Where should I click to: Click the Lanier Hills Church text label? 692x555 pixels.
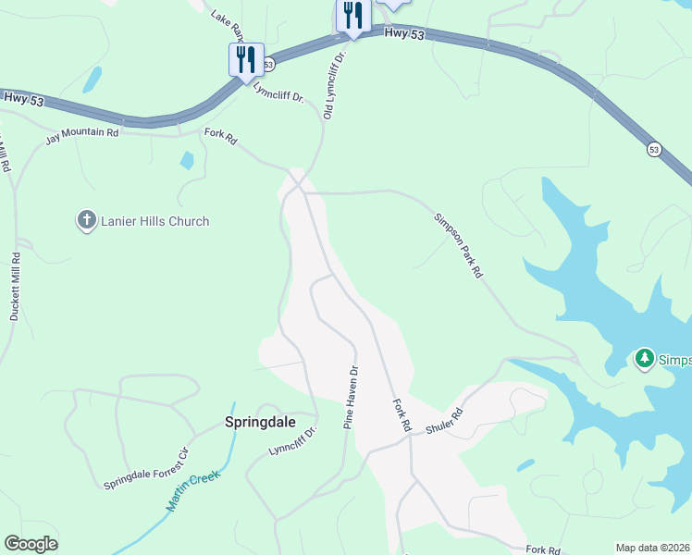pos(155,221)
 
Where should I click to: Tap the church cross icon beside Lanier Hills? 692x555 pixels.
pos(87,220)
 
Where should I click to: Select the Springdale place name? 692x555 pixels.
pos(260,422)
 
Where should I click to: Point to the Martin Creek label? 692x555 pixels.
pos(193,493)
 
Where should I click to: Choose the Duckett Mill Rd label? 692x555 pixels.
pos(15,286)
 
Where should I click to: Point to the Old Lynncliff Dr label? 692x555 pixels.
pos(334,84)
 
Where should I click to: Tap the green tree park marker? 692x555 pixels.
pos(644,357)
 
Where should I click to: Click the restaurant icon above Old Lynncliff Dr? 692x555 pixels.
pos(353,17)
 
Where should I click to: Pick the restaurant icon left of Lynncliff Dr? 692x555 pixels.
pos(246,59)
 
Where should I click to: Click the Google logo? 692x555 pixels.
pos(31,543)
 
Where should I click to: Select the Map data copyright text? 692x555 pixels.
pos(653,548)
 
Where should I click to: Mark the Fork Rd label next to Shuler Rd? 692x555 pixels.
pos(401,415)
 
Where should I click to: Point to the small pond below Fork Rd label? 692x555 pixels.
pos(187,160)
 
